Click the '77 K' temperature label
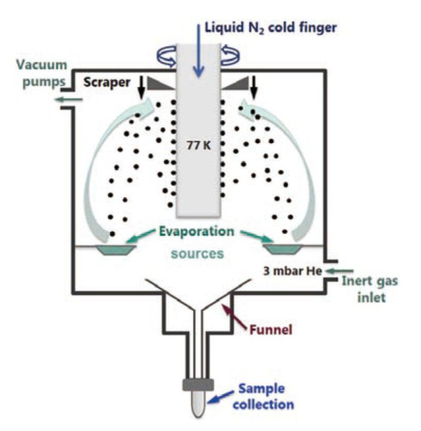point(199,145)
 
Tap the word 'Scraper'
point(106,83)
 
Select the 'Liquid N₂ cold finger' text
point(271,28)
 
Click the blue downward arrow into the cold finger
point(199,50)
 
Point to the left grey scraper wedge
point(160,83)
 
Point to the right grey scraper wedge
point(236,83)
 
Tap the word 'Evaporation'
point(197,231)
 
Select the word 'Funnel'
point(270,329)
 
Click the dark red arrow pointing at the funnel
point(235,316)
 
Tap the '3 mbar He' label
point(292,271)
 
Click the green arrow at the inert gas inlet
point(339,271)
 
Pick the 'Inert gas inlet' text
point(370,289)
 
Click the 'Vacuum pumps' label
point(42,73)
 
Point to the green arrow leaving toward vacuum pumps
point(69,100)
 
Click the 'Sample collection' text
point(263,397)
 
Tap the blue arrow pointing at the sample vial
point(220,397)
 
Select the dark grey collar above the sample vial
point(198,385)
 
